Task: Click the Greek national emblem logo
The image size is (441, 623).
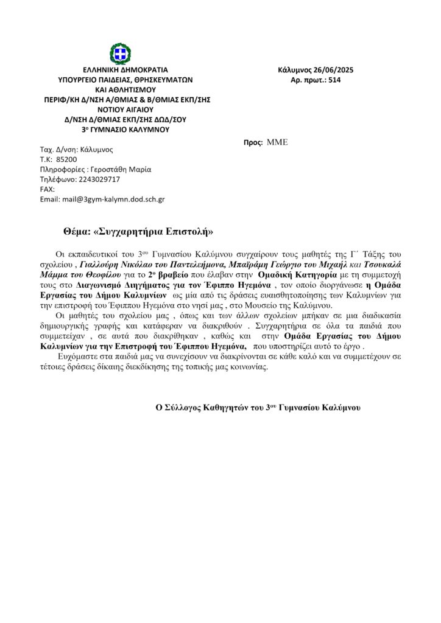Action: coord(120,54)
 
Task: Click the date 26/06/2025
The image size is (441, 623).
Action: coord(332,70)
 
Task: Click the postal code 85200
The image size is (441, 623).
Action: coord(66,159)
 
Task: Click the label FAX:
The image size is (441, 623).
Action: coord(47,189)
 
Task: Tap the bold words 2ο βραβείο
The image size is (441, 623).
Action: coord(172,274)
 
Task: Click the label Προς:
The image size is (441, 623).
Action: coord(253,142)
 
